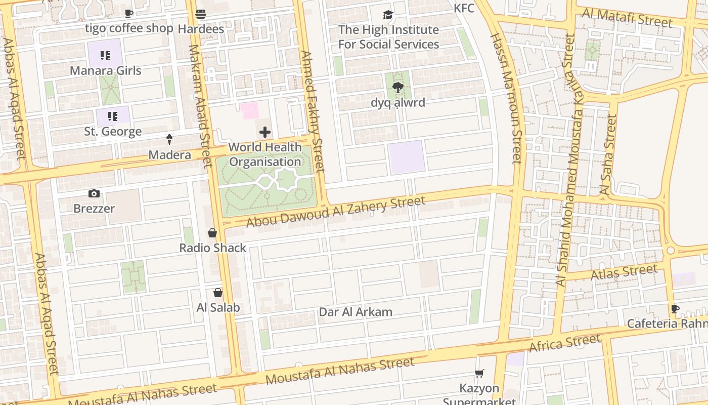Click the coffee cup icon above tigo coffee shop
click(x=129, y=13)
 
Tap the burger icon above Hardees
click(x=201, y=14)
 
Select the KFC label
click(x=464, y=8)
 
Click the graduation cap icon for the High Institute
click(x=388, y=15)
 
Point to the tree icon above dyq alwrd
click(x=398, y=88)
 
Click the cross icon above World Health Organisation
click(x=264, y=133)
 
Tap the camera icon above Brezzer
click(x=94, y=193)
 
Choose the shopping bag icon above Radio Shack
click(x=212, y=233)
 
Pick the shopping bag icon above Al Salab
click(x=218, y=293)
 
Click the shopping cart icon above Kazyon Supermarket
click(x=479, y=374)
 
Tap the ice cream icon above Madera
click(x=169, y=140)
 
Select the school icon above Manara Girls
click(x=105, y=56)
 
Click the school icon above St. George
click(x=112, y=116)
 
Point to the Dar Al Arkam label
click(x=356, y=312)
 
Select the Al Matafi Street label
click(x=627, y=18)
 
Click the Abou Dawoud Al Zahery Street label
click(x=336, y=212)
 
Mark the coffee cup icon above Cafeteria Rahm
click(x=675, y=309)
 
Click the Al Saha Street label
click(x=607, y=155)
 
